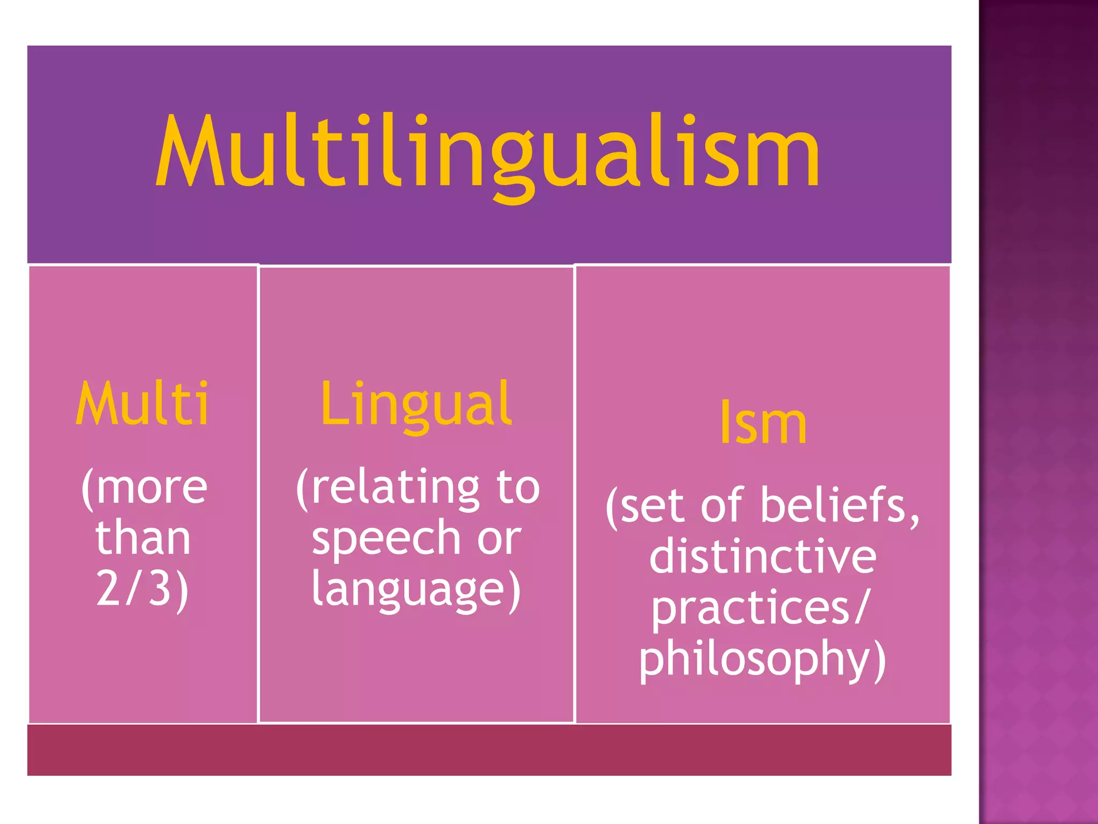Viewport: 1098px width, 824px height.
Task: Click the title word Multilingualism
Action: [488, 153]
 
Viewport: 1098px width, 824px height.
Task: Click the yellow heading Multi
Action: [142, 403]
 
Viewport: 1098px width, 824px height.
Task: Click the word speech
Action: [386, 538]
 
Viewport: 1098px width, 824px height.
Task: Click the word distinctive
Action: [762, 556]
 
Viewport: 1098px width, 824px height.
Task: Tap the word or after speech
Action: [499, 538]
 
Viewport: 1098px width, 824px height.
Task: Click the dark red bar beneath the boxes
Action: [489, 749]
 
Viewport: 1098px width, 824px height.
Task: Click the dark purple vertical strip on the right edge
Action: [1038, 412]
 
